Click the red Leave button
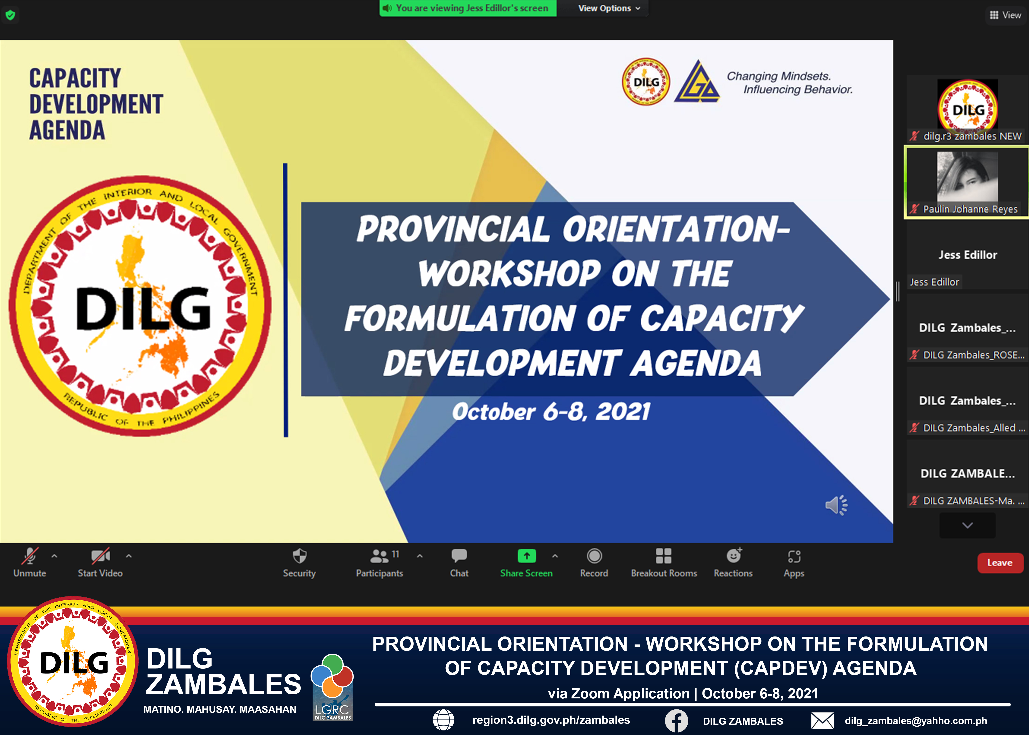[1000, 563]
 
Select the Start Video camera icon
[101, 556]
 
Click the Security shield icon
[299, 556]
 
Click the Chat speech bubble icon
[459, 556]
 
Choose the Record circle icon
[594, 556]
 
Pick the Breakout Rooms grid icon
[664, 556]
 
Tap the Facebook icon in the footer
[676, 721]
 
